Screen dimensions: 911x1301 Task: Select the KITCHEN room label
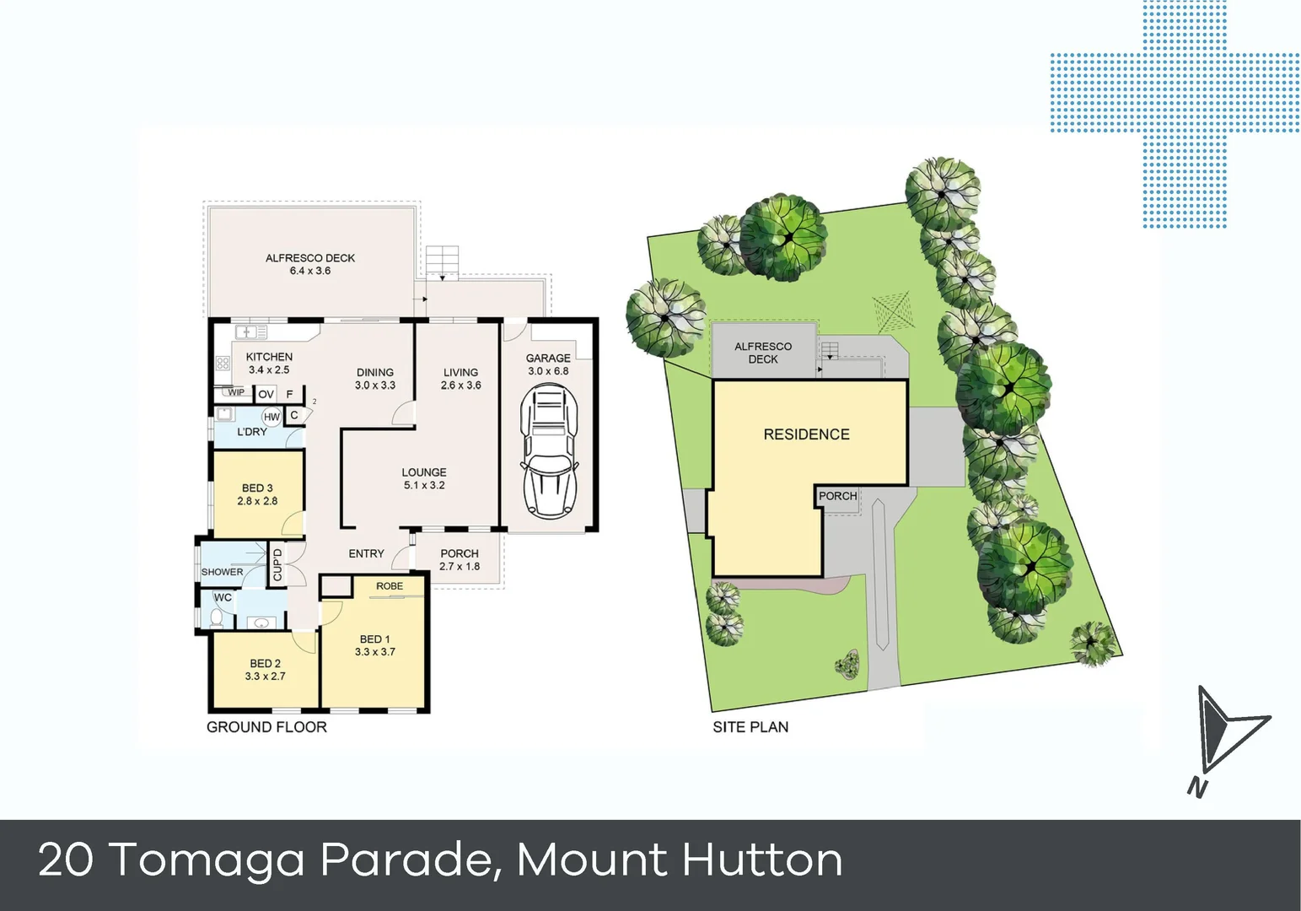point(269,357)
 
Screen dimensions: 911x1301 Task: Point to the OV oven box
point(266,394)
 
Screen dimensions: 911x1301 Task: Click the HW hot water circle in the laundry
point(271,417)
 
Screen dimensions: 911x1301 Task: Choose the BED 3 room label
point(257,488)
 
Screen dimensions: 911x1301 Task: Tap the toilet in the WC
point(216,618)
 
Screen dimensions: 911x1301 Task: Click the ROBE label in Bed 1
point(390,586)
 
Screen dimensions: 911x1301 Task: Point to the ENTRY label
point(366,553)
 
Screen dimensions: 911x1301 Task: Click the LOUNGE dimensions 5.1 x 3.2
point(424,486)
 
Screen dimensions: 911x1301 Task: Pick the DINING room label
point(375,372)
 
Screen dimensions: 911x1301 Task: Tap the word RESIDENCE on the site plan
point(806,434)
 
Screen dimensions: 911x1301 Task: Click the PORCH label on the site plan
point(837,496)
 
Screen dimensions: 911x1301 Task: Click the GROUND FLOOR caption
point(266,727)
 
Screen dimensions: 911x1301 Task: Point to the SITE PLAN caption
point(750,727)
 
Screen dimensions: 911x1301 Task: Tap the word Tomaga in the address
point(207,860)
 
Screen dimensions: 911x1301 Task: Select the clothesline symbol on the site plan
point(892,310)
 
